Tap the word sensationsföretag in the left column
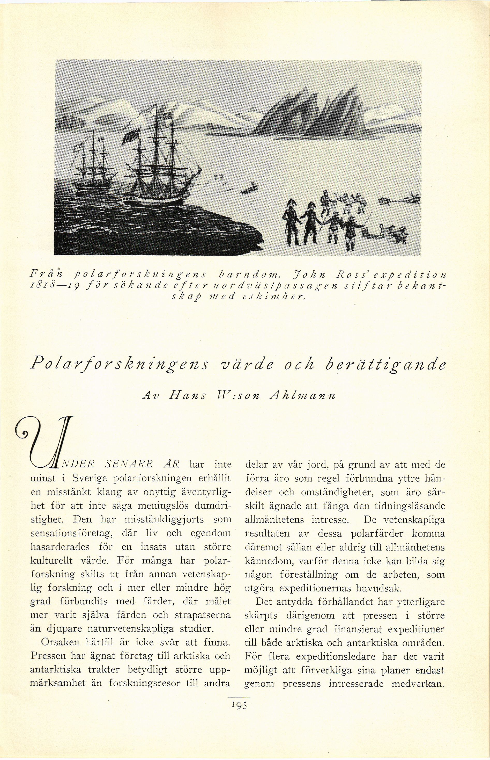pos(73,533)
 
